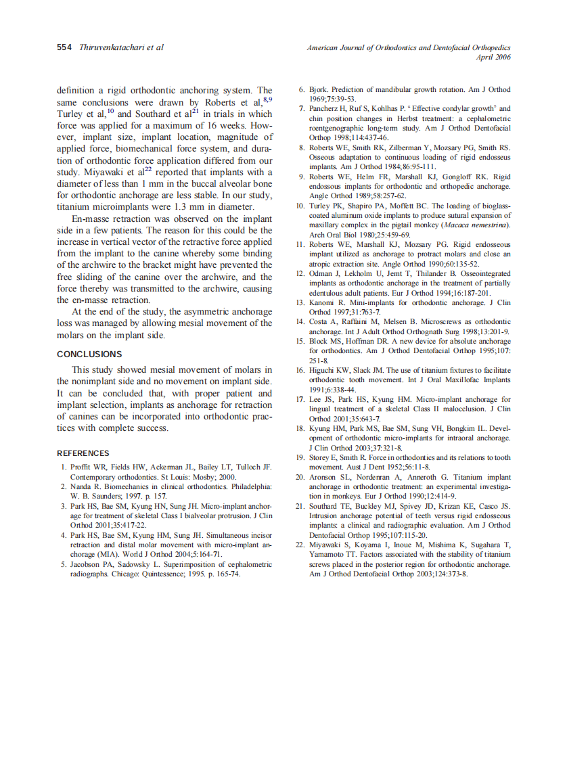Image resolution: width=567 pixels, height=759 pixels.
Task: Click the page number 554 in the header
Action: (x=64, y=48)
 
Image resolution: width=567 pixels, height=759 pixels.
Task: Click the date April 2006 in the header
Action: (x=493, y=57)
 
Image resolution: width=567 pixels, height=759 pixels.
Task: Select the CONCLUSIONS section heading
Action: (x=89, y=354)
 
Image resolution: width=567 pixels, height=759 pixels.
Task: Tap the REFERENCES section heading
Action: (x=83, y=453)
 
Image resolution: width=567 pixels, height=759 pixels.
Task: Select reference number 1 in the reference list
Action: (x=63, y=467)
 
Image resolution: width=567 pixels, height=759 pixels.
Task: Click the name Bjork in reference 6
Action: (x=318, y=89)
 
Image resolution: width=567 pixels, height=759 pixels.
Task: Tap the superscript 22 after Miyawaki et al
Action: (x=148, y=170)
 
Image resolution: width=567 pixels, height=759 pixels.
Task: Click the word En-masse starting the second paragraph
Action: (x=91, y=219)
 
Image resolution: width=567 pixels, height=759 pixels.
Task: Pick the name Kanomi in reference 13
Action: (x=323, y=303)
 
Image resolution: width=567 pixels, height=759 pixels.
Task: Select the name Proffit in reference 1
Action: (x=82, y=467)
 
